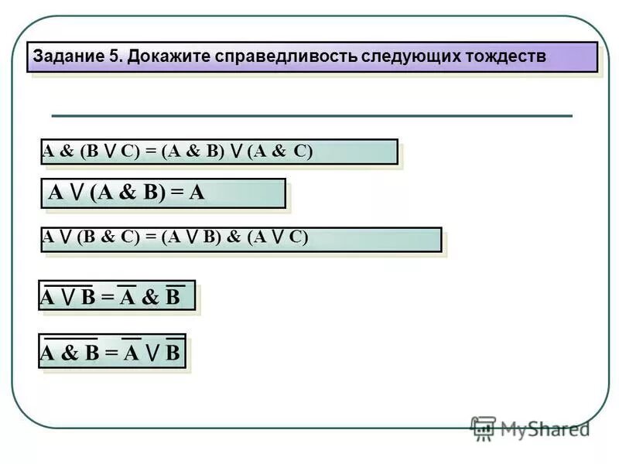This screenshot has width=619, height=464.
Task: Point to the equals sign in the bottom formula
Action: tap(111, 353)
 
